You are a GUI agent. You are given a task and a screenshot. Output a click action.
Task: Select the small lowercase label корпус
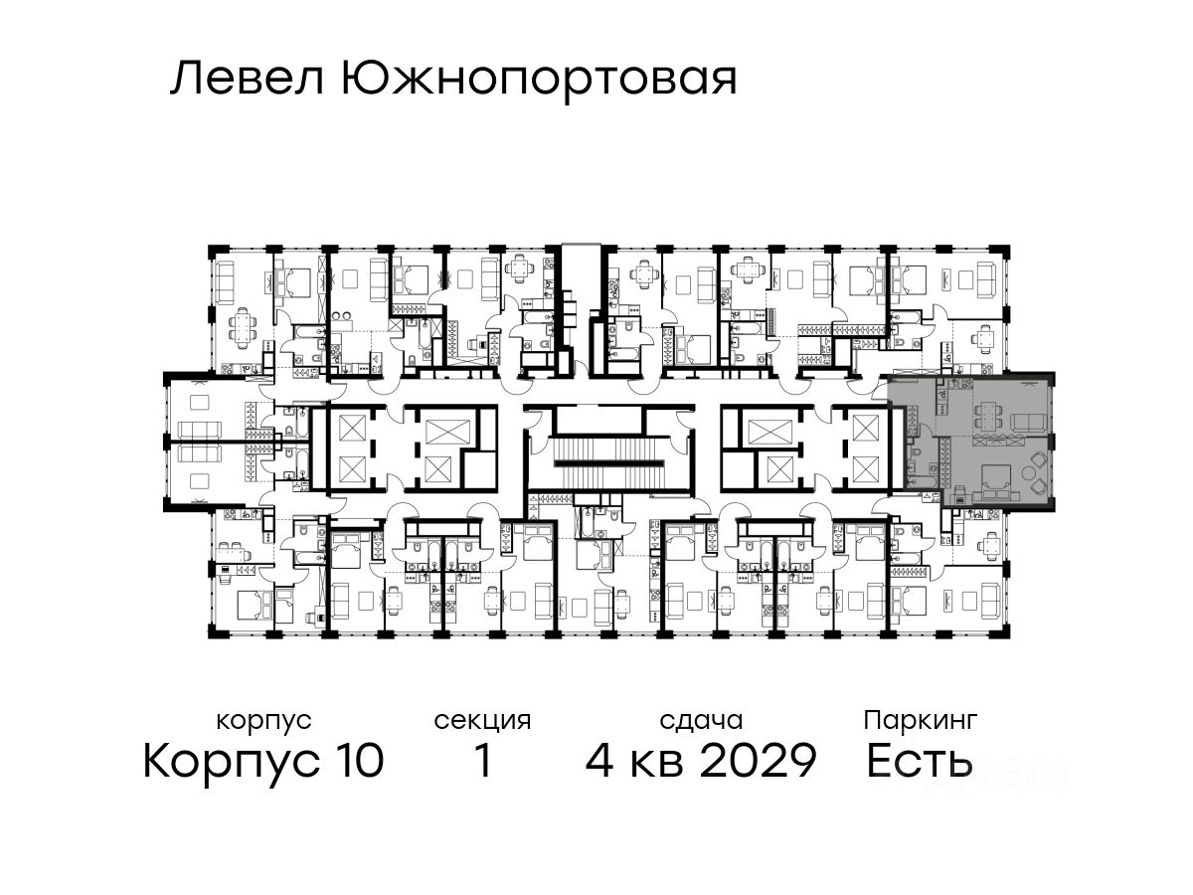[263, 720]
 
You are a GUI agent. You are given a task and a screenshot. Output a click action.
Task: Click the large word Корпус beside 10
[221, 762]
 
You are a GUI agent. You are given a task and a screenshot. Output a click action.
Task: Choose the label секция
[482, 720]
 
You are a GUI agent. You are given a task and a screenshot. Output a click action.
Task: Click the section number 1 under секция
[483, 762]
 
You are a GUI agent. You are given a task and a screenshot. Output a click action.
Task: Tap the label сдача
[701, 720]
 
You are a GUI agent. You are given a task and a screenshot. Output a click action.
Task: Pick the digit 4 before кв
[599, 762]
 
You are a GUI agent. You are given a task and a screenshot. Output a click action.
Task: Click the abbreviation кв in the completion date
[655, 762]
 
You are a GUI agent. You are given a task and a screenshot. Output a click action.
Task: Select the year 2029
[758, 762]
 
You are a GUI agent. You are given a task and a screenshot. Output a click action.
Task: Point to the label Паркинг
[921, 720]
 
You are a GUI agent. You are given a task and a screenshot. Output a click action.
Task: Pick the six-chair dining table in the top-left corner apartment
[243, 329]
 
